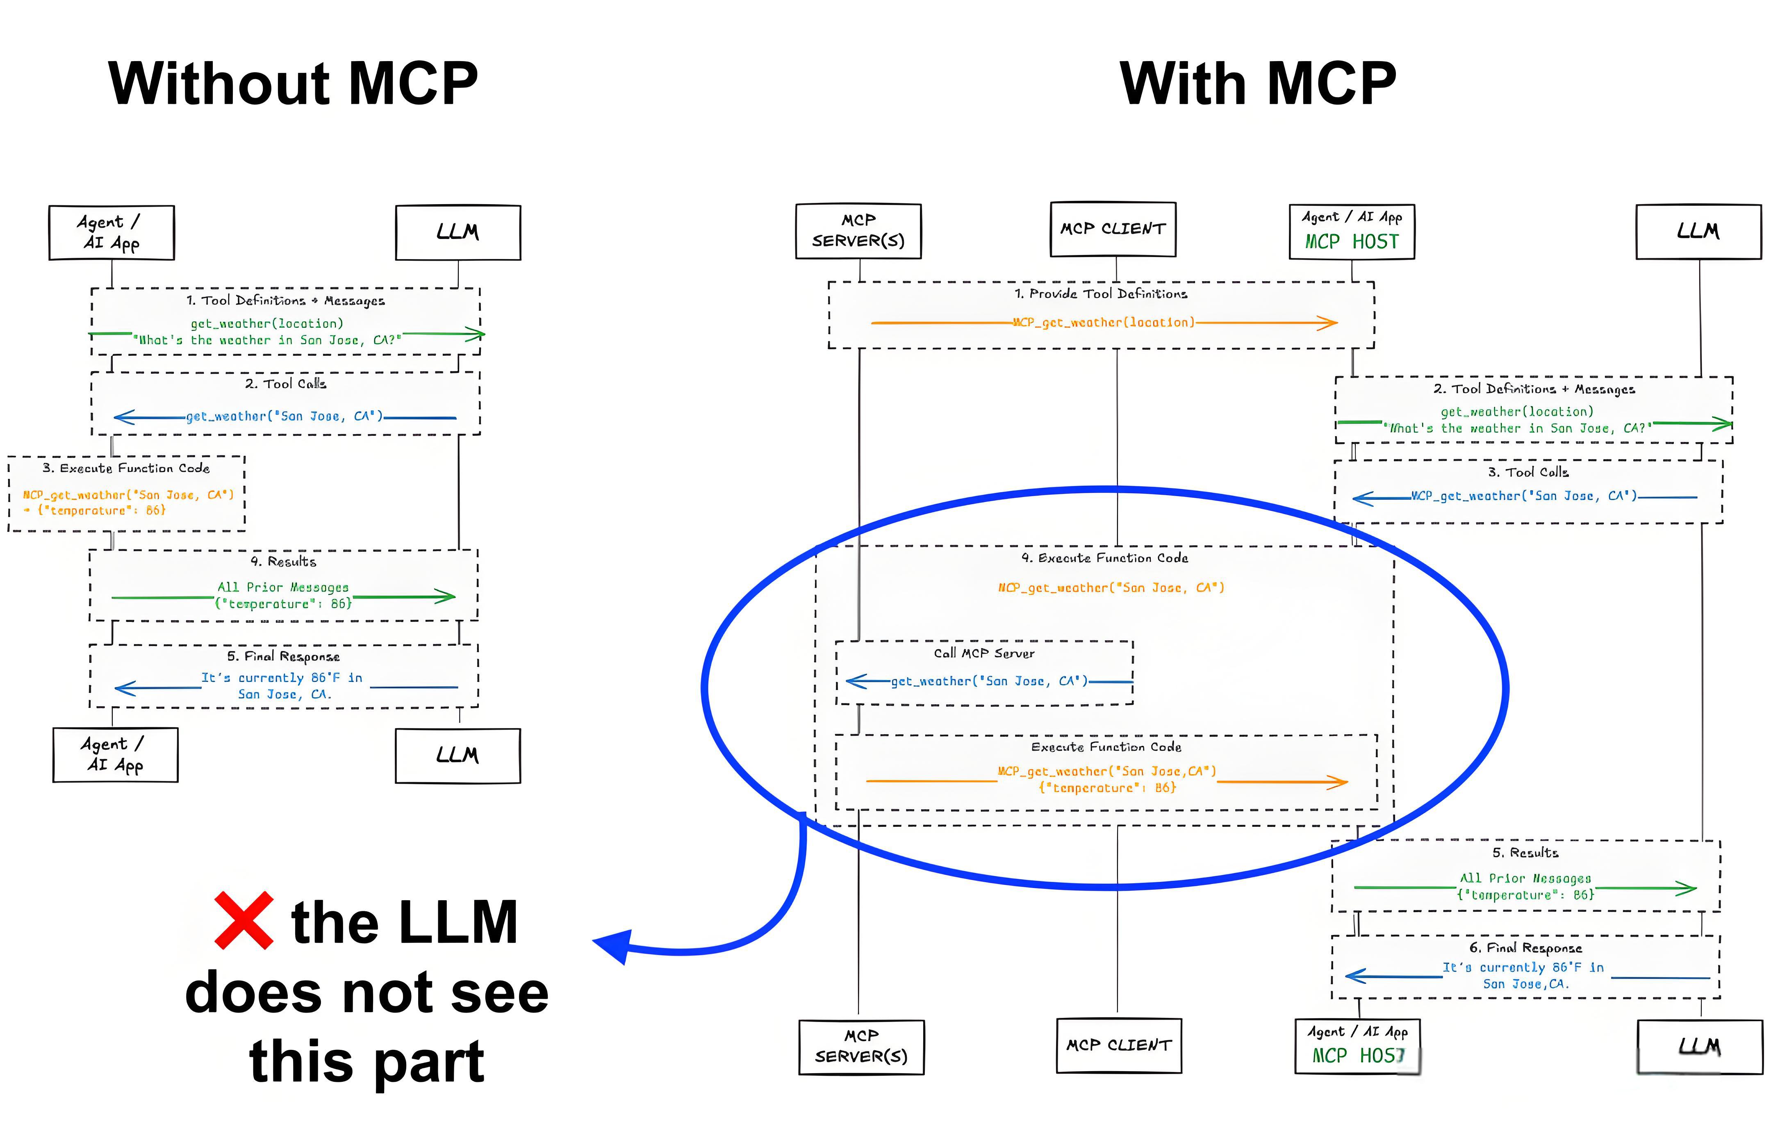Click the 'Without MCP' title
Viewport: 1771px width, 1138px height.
[293, 84]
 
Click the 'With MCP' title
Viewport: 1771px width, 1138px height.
[1257, 84]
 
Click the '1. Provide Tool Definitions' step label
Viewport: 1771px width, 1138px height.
[1100, 294]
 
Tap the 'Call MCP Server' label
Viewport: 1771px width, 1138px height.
[983, 653]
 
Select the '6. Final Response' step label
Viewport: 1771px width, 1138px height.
[1525, 947]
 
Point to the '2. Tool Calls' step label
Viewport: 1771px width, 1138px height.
[285, 384]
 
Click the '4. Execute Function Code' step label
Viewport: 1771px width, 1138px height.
[1104, 558]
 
